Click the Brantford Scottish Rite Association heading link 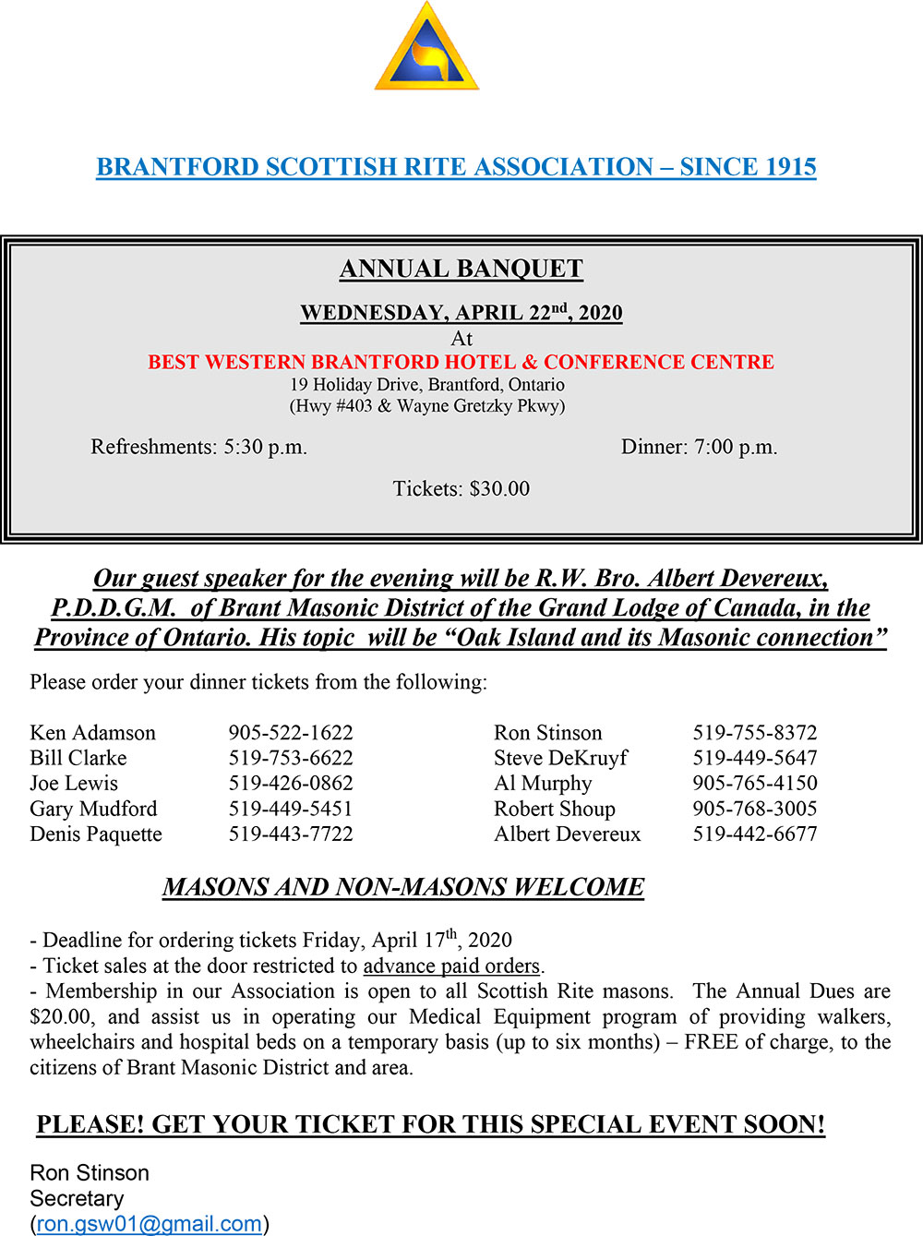456,167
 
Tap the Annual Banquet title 461,269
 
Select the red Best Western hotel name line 461,362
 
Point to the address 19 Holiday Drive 426,385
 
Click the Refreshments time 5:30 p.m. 265,448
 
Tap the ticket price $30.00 499,489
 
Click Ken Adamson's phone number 291,733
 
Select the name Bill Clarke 78,758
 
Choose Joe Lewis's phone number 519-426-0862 291,784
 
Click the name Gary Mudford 93,809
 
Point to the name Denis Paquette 96,834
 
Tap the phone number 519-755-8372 755,733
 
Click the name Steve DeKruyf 560,758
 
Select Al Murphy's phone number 755,784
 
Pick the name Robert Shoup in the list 554,809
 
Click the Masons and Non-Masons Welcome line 403,887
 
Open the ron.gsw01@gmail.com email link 150,1224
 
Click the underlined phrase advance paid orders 451,966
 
